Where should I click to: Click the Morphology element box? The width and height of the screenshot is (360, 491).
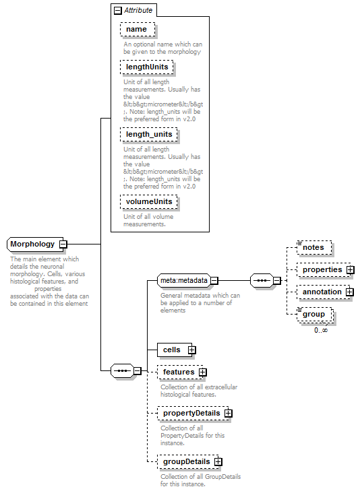tap(35, 244)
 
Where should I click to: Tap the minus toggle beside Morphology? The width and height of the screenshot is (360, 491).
tap(63, 244)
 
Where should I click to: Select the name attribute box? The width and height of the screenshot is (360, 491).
tap(138, 30)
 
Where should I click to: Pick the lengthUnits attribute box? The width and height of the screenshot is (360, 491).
tap(147, 67)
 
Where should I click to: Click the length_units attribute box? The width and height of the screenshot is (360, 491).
tap(149, 134)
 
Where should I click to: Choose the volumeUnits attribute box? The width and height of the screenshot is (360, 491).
tap(149, 201)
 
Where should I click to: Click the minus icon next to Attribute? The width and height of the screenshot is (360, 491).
tap(117, 11)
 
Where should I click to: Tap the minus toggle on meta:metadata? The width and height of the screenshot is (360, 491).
tap(214, 281)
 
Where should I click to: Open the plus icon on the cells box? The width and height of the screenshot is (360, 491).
tap(191, 350)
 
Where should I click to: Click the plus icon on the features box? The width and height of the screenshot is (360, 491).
tap(203, 372)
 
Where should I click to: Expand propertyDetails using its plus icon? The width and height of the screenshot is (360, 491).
tap(229, 413)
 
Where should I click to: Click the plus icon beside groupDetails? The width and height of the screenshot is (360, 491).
tap(218, 461)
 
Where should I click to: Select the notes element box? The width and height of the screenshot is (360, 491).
tap(314, 247)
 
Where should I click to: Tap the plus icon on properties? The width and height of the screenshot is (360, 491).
tap(351, 269)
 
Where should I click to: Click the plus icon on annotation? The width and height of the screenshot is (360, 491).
tap(350, 292)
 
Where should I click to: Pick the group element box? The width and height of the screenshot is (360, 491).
tap(315, 315)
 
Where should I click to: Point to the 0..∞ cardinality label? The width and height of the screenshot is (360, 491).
tap(321, 330)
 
